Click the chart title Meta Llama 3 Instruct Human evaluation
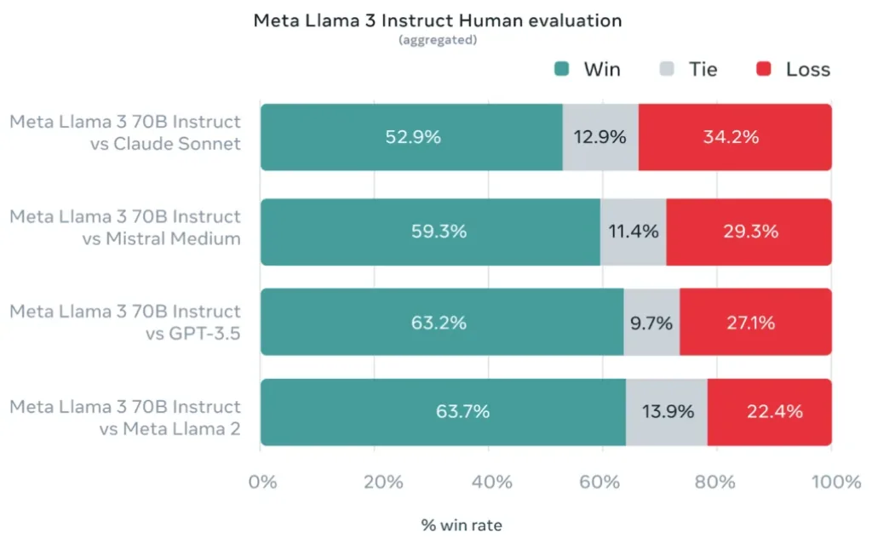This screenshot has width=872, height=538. (x=439, y=21)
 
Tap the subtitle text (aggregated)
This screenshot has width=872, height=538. (x=438, y=41)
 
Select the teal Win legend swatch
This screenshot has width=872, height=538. (x=561, y=70)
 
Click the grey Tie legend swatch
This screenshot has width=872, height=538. (x=667, y=70)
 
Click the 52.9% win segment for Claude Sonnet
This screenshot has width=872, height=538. (x=411, y=137)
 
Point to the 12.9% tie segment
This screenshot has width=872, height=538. (x=600, y=137)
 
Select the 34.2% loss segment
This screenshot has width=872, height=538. (x=734, y=137)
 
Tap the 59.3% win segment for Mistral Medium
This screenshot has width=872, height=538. (x=430, y=232)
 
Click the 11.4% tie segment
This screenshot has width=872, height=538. (x=633, y=232)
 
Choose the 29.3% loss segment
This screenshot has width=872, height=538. (x=749, y=232)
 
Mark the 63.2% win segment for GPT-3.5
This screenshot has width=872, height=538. (x=441, y=323)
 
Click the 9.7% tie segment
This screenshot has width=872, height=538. (x=651, y=323)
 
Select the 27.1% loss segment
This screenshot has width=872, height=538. (x=755, y=323)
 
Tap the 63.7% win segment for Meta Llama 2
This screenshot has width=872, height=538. (x=443, y=412)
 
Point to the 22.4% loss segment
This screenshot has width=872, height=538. (x=769, y=412)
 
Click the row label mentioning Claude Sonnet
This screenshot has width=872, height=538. (x=126, y=133)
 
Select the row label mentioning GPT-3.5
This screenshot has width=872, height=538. (x=126, y=323)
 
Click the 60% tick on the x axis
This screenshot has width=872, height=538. (x=602, y=483)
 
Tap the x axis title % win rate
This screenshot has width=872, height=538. (x=462, y=525)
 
